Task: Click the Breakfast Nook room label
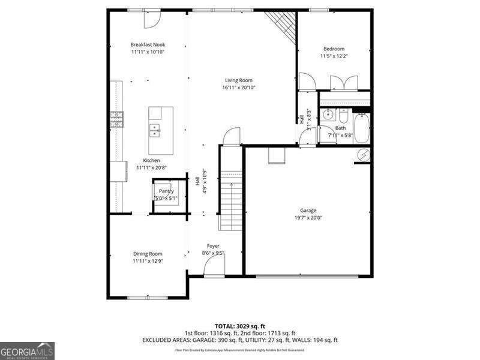click(x=148, y=44)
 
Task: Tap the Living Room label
click(x=239, y=80)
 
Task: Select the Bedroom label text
click(x=334, y=49)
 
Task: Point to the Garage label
click(x=308, y=210)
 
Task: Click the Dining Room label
click(x=148, y=253)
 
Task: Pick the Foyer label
click(x=213, y=246)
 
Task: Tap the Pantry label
click(x=166, y=191)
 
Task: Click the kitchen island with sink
click(x=161, y=130)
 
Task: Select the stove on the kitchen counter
click(x=116, y=120)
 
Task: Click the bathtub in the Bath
click(x=361, y=128)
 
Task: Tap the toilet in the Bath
click(x=343, y=115)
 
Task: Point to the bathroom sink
click(x=328, y=114)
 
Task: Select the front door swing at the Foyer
click(x=214, y=268)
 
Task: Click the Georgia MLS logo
click(x=27, y=350)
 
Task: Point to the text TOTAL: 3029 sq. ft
click(x=239, y=326)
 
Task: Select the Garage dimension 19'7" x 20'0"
click(x=308, y=218)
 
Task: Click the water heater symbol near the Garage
click(x=362, y=155)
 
